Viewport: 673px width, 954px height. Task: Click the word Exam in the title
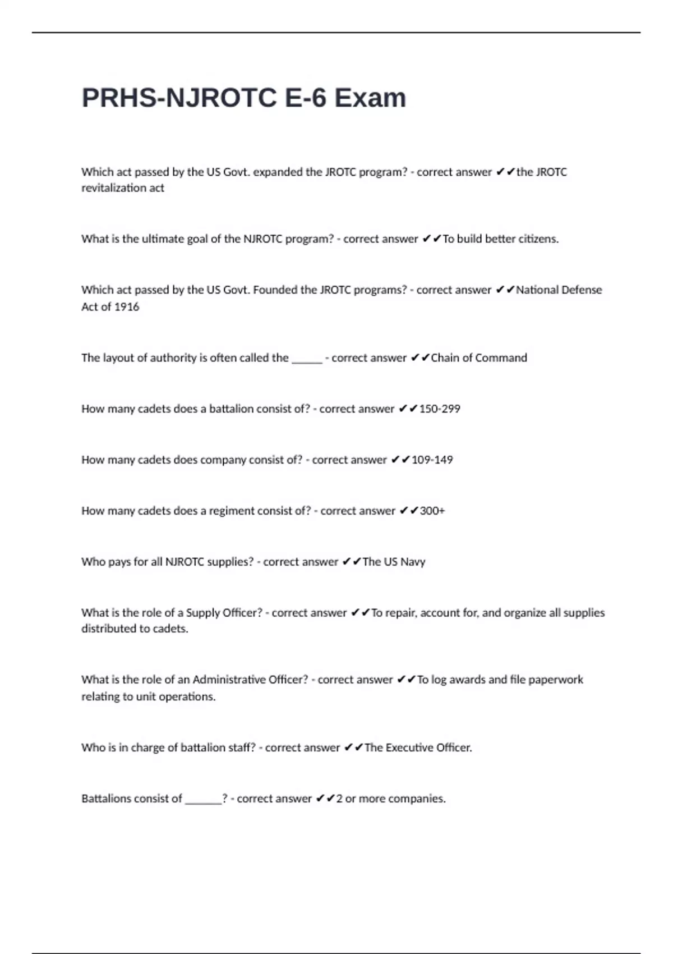point(370,98)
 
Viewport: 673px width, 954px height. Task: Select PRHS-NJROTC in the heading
point(179,98)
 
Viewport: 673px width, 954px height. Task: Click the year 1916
point(127,307)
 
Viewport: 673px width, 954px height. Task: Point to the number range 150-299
point(440,409)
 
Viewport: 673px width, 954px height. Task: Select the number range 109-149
point(432,460)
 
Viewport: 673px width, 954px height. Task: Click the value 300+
point(432,511)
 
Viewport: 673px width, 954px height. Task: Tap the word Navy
point(413,562)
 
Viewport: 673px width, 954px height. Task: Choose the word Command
point(502,358)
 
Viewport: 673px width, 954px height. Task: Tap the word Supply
point(202,613)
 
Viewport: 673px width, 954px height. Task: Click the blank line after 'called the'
point(307,359)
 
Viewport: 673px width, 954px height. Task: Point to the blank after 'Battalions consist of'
point(203,800)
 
